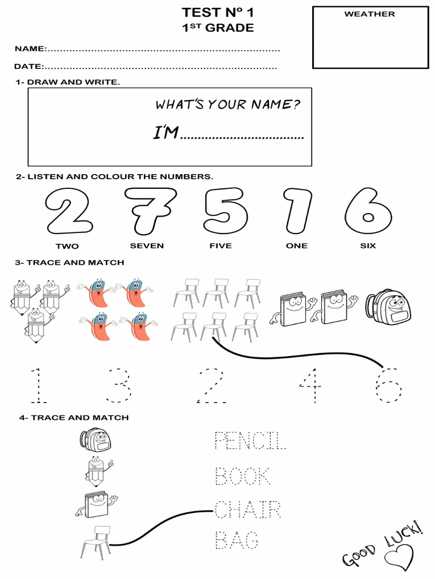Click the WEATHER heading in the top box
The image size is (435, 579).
370,14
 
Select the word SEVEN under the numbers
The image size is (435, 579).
147,246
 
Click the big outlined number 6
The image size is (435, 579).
369,210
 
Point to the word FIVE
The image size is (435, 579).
220,246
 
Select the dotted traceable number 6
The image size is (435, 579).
389,386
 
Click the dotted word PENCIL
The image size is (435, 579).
250,441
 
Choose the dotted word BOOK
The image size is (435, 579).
242,476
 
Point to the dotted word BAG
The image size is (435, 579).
237,540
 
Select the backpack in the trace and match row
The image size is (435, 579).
388,308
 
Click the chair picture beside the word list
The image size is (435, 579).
96,542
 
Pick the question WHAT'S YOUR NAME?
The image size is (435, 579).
228,105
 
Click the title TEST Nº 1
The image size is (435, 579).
217,12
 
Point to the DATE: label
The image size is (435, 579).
29,67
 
